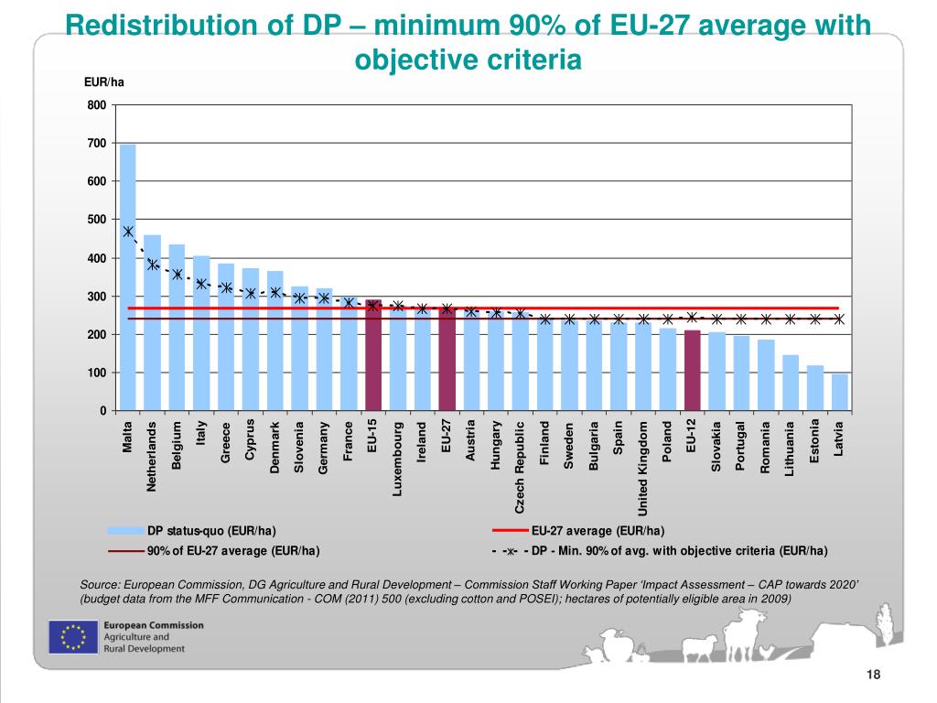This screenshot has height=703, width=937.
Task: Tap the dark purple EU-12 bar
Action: click(693, 370)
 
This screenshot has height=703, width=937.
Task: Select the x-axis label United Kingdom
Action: click(643, 468)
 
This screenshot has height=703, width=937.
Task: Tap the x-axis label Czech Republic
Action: click(520, 468)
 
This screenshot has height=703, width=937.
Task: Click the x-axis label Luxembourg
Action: click(398, 459)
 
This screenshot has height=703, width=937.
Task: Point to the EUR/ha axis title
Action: click(103, 83)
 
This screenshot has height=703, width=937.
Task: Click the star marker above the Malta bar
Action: click(128, 233)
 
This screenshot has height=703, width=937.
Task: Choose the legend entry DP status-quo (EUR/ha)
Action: click(210, 531)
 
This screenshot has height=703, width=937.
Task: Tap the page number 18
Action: click(872, 675)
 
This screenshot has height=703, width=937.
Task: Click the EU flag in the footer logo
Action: click(72, 637)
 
